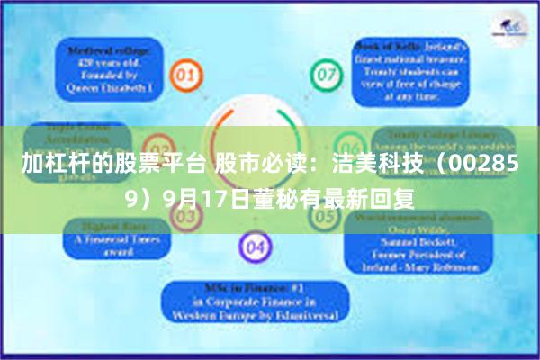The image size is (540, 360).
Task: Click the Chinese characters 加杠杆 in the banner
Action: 50,165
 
